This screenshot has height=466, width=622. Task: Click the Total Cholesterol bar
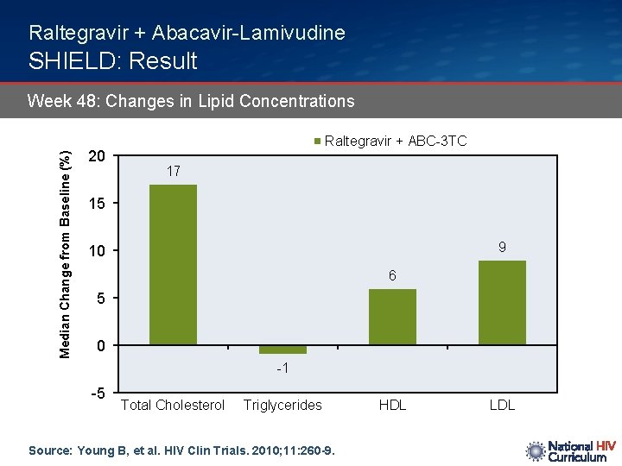pyautogui.click(x=173, y=265)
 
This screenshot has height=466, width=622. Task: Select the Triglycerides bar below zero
pyautogui.click(x=282, y=349)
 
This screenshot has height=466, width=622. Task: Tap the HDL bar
pyautogui.click(x=392, y=317)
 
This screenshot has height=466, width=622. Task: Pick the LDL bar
pyautogui.click(x=502, y=302)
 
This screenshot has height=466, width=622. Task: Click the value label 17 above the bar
pyautogui.click(x=173, y=171)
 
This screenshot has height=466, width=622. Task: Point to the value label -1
pyautogui.click(x=282, y=368)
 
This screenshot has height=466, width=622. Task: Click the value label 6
pyautogui.click(x=392, y=276)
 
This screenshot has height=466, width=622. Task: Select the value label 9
pyautogui.click(x=502, y=247)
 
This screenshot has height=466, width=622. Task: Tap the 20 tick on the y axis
pyautogui.click(x=98, y=156)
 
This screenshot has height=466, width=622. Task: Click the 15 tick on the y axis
pyautogui.click(x=98, y=204)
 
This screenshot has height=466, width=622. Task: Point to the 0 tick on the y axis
pyautogui.click(x=101, y=346)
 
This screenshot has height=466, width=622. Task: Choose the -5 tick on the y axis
pyautogui.click(x=98, y=394)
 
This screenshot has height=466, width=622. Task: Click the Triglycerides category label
pyautogui.click(x=282, y=405)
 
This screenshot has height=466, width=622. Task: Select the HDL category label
pyautogui.click(x=392, y=405)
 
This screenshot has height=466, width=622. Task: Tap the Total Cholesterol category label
pyautogui.click(x=173, y=405)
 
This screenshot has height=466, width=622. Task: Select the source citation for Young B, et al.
pyautogui.click(x=181, y=450)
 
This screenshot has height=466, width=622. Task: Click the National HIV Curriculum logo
pyautogui.click(x=570, y=450)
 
